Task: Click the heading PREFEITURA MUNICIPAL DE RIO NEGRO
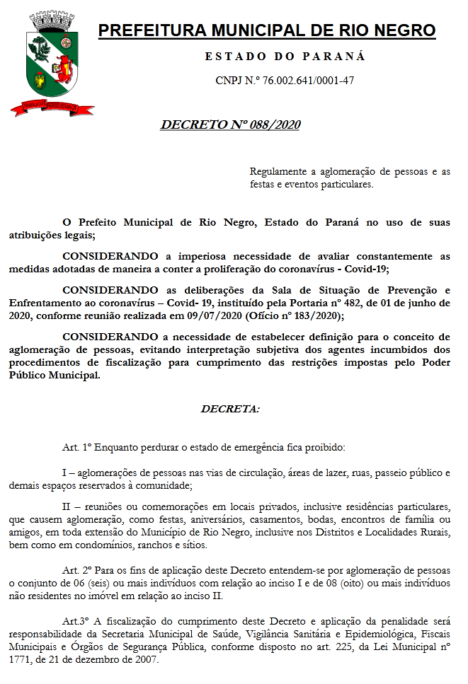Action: click(x=266, y=30)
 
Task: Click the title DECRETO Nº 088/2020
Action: click(x=231, y=125)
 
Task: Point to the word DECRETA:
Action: click(x=230, y=409)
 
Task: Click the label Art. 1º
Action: click(x=78, y=448)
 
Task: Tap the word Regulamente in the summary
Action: click(x=278, y=172)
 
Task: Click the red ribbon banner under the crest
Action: click(x=51, y=108)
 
